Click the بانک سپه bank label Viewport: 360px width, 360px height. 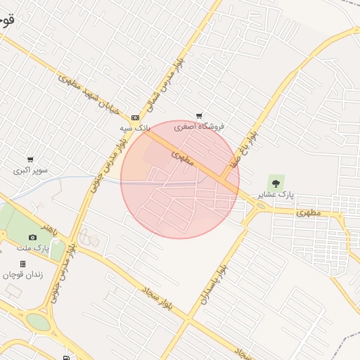135,129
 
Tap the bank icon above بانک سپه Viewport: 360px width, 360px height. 135,117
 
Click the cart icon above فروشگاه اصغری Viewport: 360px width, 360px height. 200,116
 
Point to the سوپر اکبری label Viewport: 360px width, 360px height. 30,170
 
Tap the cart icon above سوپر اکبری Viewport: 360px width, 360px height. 30,160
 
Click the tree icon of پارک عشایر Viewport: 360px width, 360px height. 275,183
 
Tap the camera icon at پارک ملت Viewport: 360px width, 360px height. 32,238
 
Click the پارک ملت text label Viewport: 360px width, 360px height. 32,248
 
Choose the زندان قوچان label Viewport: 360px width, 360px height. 23,274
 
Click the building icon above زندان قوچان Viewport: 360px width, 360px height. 23,264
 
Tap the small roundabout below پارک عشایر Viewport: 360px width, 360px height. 261,205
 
